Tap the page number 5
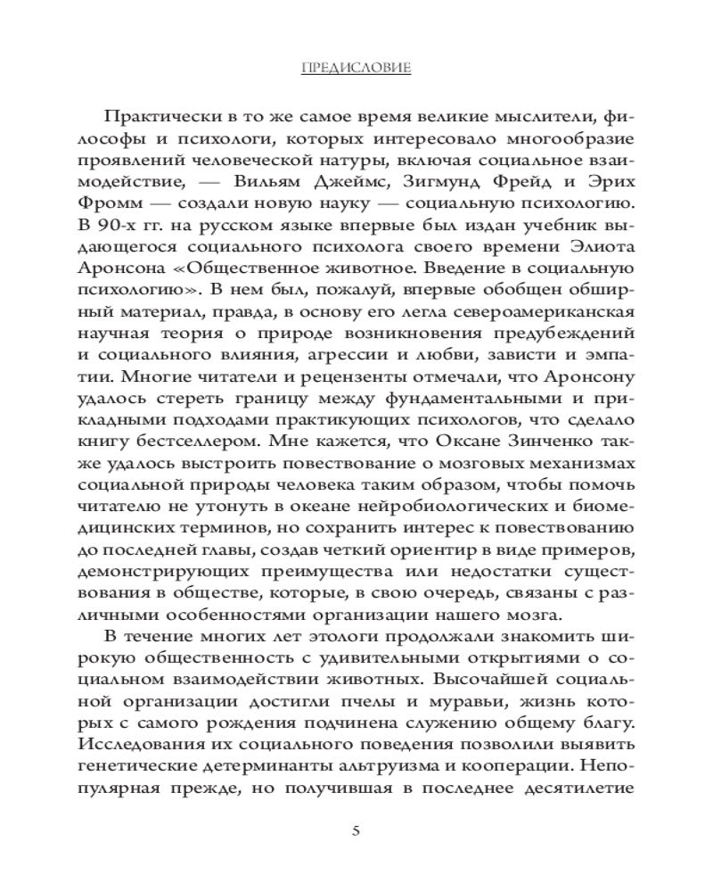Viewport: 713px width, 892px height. (356, 831)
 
